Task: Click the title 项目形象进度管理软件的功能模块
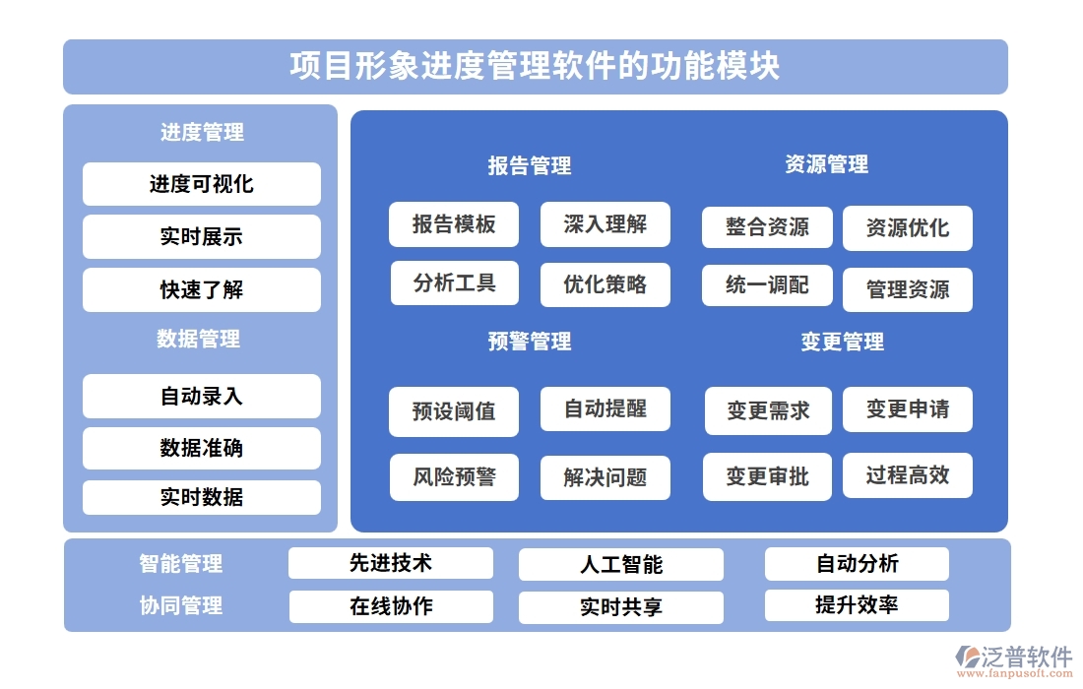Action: coord(535,66)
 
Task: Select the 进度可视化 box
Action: coord(201,184)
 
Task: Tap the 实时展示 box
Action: coord(201,236)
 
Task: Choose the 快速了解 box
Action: coord(201,289)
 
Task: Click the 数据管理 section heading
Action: coord(199,340)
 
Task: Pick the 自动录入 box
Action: coord(201,396)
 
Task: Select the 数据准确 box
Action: coord(201,448)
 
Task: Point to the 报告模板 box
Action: coord(454,224)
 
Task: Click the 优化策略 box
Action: coord(605,284)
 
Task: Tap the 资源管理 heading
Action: coord(826,164)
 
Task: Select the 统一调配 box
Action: coord(767,285)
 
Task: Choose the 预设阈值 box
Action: coord(454,410)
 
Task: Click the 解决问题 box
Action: coord(605,478)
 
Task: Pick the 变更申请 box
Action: coord(907,409)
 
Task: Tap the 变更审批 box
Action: coord(767,476)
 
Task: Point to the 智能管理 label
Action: coord(181,564)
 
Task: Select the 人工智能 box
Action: coord(620,565)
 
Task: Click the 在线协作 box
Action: coord(391,606)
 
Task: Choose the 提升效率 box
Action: coord(857,605)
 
